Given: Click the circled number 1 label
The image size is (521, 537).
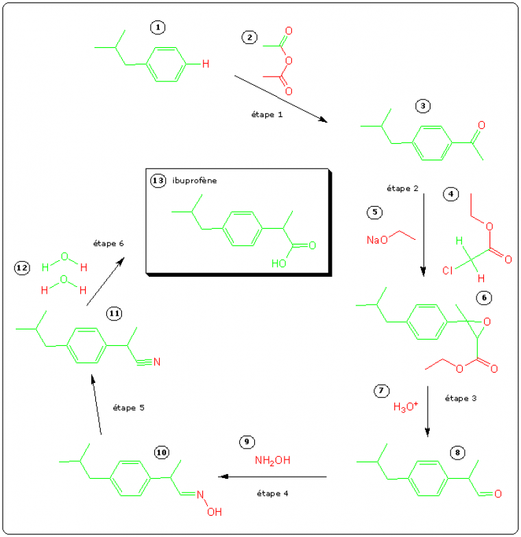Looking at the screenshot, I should (158, 27).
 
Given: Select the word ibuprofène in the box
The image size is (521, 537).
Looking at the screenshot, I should (195, 181).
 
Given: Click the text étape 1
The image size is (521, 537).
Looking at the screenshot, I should (267, 114).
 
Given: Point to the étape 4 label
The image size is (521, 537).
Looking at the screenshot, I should (272, 492).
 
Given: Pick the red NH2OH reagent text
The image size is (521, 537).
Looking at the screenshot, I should (272, 460).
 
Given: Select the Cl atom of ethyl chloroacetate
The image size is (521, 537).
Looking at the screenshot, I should (447, 271).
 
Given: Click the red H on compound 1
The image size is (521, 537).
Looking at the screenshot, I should (196, 64).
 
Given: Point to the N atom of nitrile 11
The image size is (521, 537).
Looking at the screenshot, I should (156, 361).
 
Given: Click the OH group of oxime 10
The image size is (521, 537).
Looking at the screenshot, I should (215, 511).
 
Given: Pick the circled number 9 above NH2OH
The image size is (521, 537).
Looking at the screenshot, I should (248, 442).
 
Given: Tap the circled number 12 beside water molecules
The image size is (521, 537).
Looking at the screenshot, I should (21, 268).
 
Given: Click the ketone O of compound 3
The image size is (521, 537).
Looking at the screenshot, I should (482, 126).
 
